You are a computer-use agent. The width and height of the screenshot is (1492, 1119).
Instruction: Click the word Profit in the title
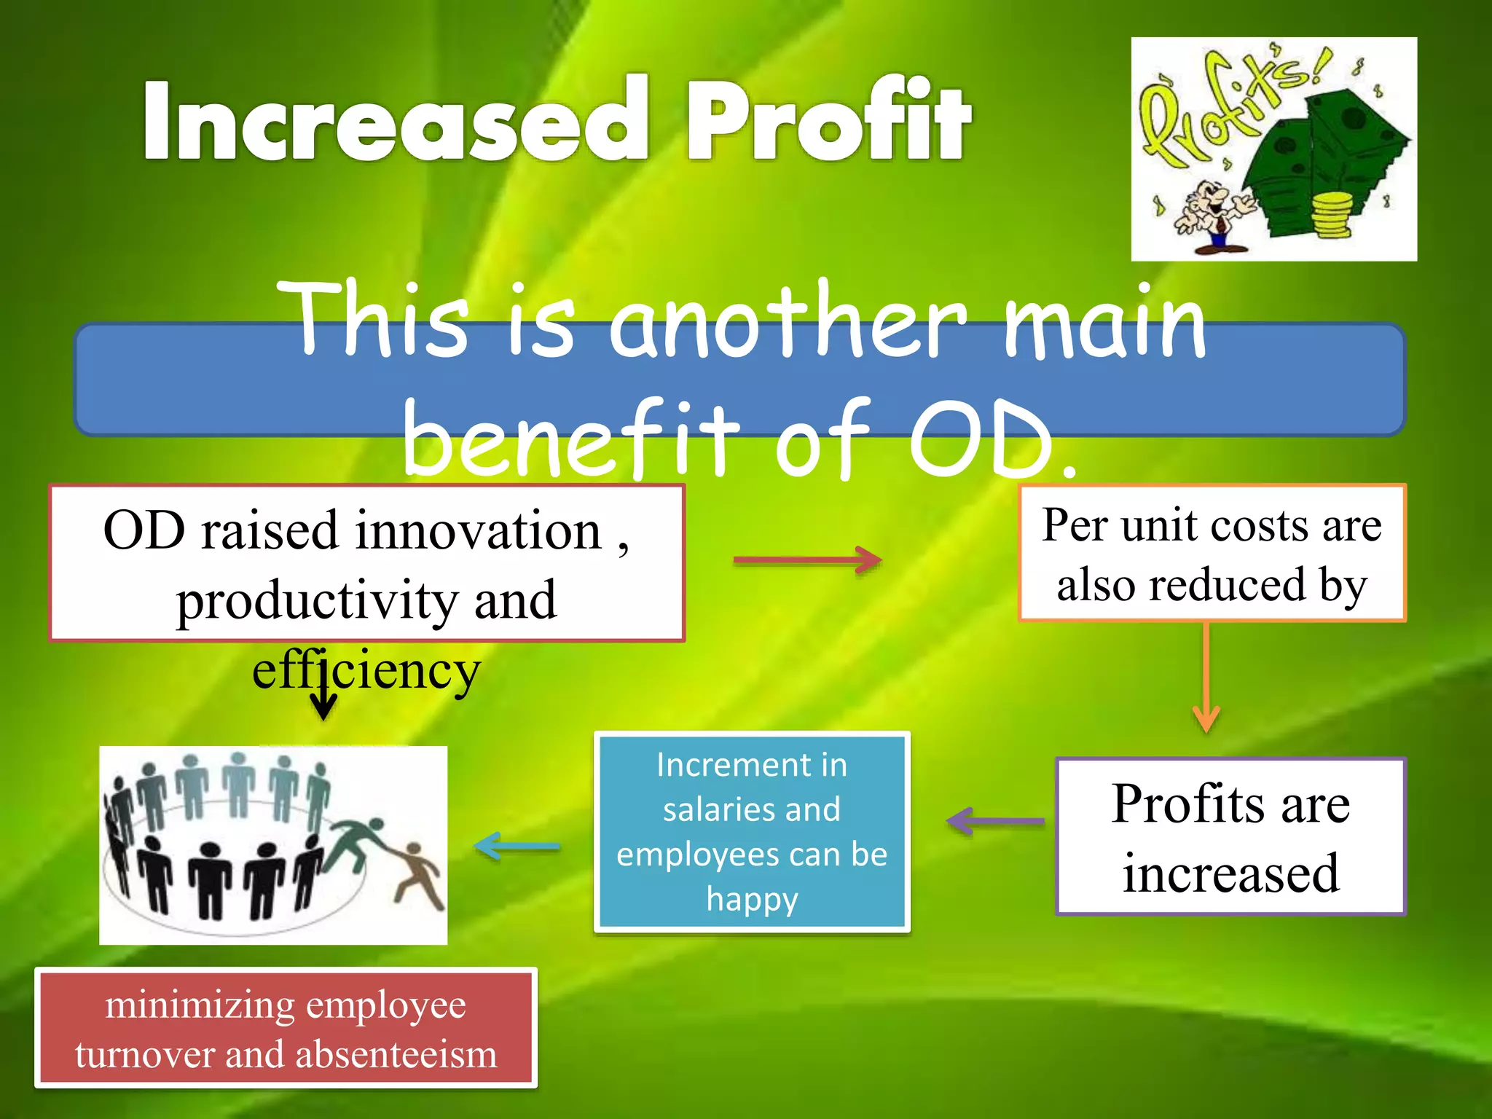coord(828,120)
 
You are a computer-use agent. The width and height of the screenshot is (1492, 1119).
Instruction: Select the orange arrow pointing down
coord(1206,678)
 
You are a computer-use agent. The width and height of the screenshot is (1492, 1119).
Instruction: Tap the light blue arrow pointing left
coord(517,847)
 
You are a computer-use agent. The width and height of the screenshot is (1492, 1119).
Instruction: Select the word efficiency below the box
coord(366,670)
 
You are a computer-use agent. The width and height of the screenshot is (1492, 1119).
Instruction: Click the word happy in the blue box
coord(752,900)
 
